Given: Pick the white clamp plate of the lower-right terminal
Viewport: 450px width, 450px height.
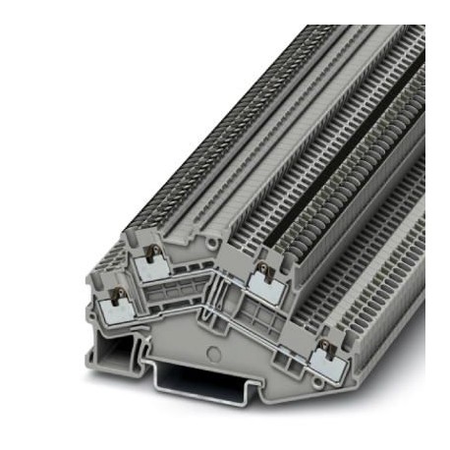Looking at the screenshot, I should [323, 362].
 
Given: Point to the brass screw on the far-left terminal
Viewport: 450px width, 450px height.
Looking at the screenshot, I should [116, 295].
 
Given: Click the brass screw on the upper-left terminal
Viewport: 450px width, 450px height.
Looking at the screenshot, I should [151, 254].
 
